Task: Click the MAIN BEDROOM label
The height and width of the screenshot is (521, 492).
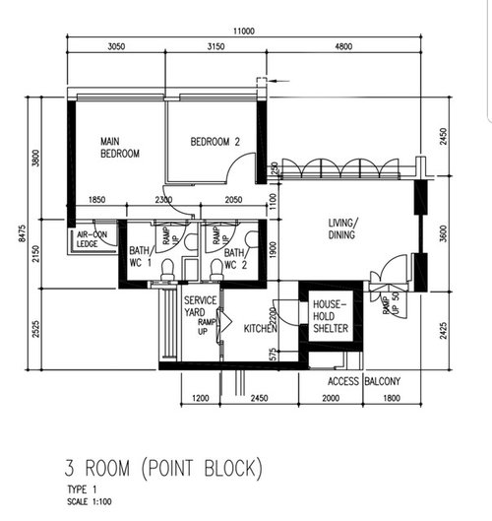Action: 119,148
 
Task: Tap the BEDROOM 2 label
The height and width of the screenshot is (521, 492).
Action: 215,142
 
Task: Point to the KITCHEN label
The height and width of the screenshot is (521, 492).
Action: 259,329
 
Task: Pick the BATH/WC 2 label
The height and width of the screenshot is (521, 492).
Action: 234,258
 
